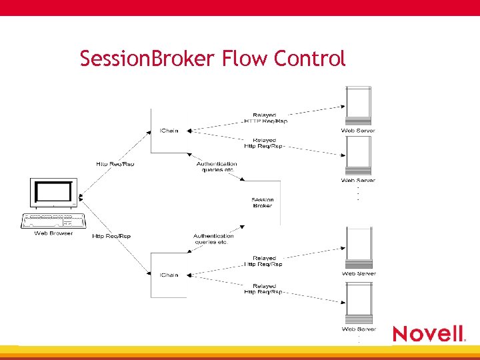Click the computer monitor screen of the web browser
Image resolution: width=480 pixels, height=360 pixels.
coord(53,193)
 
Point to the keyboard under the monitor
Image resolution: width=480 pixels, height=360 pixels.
coord(53,220)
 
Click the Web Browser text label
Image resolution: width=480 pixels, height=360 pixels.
coord(53,233)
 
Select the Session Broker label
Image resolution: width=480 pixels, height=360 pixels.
coord(263,203)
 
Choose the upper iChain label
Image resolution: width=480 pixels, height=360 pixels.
coord(169,130)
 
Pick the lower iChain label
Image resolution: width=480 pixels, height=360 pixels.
coord(169,275)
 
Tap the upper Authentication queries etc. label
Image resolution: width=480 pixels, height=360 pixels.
coord(217,167)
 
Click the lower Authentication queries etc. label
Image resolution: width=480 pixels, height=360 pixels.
coord(213,239)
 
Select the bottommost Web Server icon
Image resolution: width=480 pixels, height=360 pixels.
coord(358,303)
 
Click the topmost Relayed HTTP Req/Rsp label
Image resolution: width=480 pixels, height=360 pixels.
coord(265,118)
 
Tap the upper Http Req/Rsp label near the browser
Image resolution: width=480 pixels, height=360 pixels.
coord(115,164)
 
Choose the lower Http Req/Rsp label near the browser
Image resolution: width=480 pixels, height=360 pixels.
coord(111,236)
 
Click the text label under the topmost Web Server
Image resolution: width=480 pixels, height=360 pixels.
coord(358,131)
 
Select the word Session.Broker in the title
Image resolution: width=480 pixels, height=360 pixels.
coord(145,59)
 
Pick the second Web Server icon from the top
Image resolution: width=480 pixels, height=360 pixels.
coord(358,156)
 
